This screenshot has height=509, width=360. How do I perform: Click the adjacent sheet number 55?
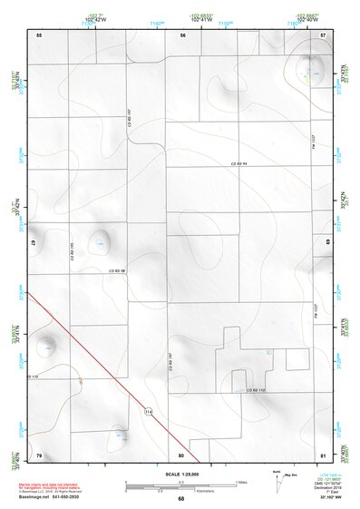39,34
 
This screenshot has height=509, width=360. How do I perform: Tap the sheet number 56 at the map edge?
182,34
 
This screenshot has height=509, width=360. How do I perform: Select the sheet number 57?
324,34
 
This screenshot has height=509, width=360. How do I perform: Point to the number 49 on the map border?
33,243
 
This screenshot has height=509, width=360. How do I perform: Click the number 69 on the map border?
327,243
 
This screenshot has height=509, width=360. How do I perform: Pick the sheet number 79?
39,454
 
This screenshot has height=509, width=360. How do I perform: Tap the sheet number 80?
181,454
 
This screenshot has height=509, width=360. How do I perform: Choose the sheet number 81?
323,454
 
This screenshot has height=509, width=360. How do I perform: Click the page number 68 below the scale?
180,499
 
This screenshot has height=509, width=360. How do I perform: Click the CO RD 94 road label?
238,163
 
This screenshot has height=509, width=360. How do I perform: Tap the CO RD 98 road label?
118,270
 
